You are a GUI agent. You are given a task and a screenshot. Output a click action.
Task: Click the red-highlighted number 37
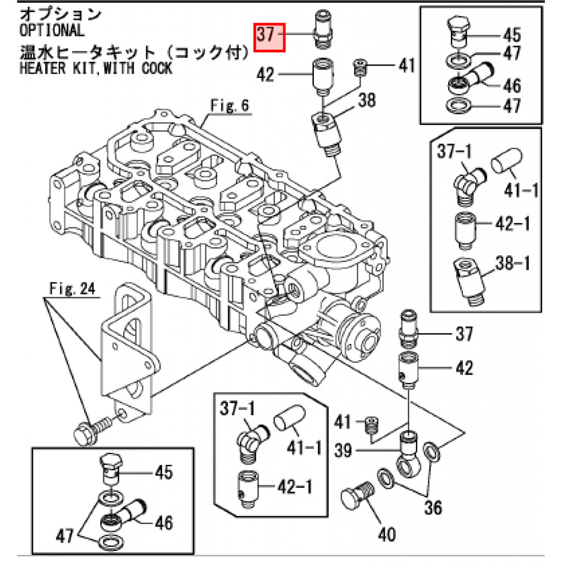tap(269, 37)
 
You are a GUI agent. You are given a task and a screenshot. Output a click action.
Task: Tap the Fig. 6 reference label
tap(230, 106)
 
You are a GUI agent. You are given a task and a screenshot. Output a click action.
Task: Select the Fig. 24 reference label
tap(72, 288)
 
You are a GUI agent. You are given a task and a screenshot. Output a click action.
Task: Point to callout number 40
tap(387, 534)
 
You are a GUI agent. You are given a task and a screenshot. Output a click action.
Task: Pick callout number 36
tap(433, 507)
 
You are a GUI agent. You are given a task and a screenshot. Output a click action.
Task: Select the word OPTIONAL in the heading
tap(52, 31)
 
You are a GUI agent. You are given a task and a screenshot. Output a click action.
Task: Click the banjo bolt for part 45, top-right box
tap(456, 32)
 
